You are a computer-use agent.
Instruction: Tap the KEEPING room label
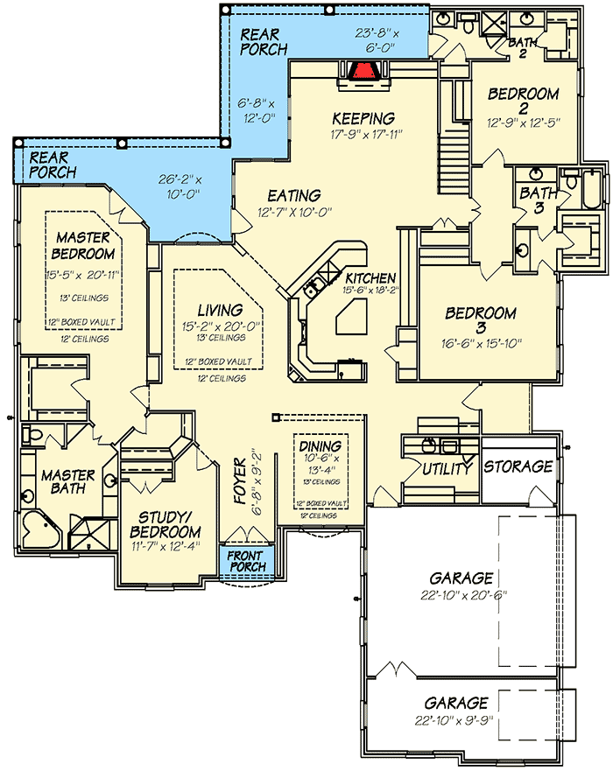click(363, 118)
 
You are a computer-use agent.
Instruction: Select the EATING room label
click(293, 195)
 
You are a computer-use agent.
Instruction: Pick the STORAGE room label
click(518, 466)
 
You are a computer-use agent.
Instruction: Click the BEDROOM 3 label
click(481, 313)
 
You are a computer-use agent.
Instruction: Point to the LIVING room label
click(219, 310)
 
